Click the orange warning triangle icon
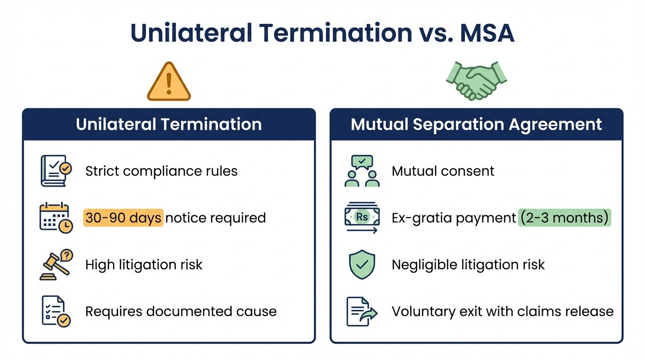169,83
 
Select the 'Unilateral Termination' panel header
169,125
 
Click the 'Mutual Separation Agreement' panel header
476,125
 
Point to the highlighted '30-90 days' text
123,218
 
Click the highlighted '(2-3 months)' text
564,218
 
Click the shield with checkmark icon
362,265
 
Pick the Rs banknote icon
362,218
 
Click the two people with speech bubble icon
362,171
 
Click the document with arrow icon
362,311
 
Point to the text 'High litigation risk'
144,265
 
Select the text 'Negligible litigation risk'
468,265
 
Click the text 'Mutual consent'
442,171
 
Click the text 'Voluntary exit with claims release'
502,311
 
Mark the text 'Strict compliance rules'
161,171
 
